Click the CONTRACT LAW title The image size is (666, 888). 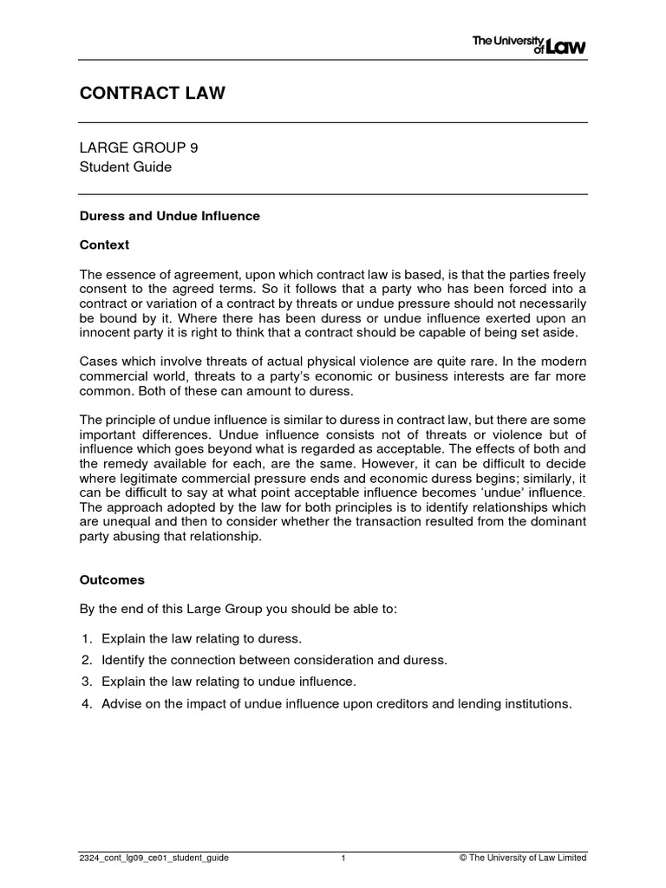click(x=153, y=93)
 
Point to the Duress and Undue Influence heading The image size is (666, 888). click(x=170, y=216)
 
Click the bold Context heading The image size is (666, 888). click(x=104, y=245)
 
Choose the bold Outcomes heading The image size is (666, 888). click(x=112, y=579)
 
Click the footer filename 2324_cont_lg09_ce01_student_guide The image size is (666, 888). click(x=154, y=858)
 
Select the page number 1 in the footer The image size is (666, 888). click(x=344, y=858)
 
